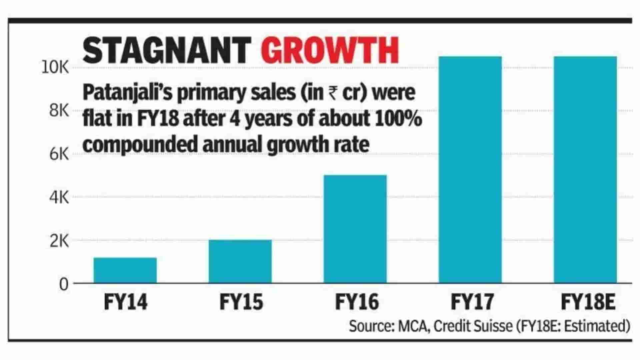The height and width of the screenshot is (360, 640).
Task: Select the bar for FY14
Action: click(x=125, y=270)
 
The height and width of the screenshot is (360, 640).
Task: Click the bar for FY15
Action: click(x=240, y=261)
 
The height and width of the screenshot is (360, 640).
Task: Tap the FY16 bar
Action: click(x=355, y=229)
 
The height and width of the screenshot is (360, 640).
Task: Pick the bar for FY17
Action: click(x=470, y=170)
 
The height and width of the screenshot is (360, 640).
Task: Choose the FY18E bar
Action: click(x=585, y=170)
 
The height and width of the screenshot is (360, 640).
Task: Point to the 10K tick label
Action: click(x=55, y=68)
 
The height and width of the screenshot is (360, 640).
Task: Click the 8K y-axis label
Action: click(x=59, y=111)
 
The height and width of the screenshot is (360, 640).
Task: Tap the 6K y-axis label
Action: click(x=59, y=154)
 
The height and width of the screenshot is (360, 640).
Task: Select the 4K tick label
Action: click(x=59, y=198)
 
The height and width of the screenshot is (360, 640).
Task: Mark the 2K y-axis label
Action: click(x=59, y=241)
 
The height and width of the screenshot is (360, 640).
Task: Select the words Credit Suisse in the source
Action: click(x=473, y=326)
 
